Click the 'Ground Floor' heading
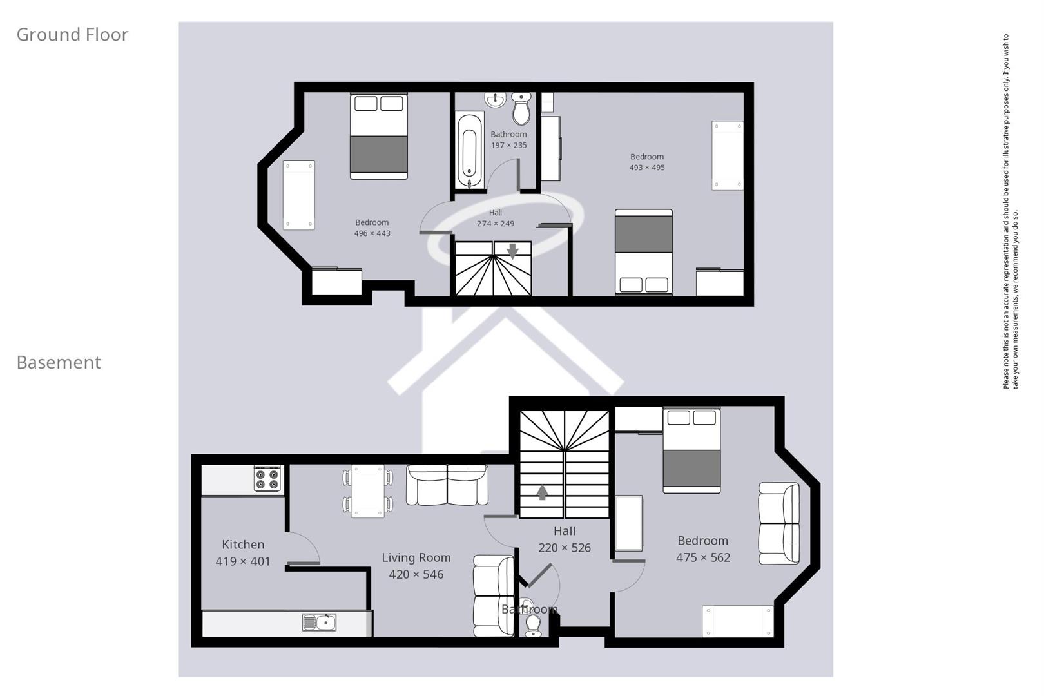pyautogui.click(x=72, y=35)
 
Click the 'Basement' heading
pyautogui.click(x=59, y=363)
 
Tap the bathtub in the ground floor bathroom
pyautogui.click(x=470, y=151)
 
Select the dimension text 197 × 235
pyautogui.click(x=508, y=146)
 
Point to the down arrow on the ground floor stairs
pyautogui.click(x=512, y=251)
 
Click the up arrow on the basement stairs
pyautogui.click(x=543, y=492)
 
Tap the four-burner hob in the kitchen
pyautogui.click(x=267, y=479)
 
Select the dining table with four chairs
pyautogui.click(x=367, y=491)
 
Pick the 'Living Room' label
pyautogui.click(x=416, y=558)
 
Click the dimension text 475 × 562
pyautogui.click(x=702, y=558)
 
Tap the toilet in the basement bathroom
pyautogui.click(x=534, y=623)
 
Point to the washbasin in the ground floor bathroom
pyautogui.click(x=495, y=100)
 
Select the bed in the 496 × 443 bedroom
pyautogui.click(x=379, y=137)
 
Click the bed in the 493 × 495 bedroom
pyautogui.click(x=643, y=251)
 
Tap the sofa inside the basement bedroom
pyautogui.click(x=778, y=523)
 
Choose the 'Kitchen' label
pyautogui.click(x=243, y=545)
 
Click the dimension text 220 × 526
pyautogui.click(x=564, y=548)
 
